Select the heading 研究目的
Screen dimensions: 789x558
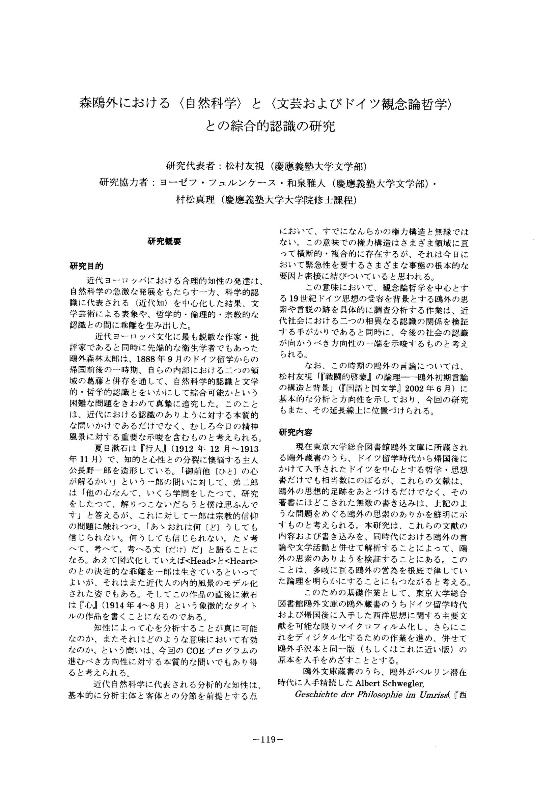86,266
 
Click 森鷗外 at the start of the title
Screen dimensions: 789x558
95,104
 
